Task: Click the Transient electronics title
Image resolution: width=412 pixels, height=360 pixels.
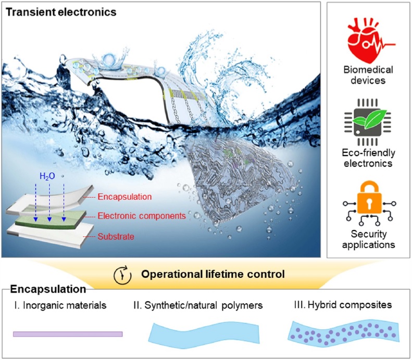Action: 61,12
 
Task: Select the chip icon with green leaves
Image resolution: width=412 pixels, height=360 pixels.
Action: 368,122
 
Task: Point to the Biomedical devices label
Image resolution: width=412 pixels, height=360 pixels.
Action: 368,75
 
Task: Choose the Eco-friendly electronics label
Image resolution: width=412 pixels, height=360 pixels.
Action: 368,158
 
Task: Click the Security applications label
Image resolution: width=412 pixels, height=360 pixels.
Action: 368,239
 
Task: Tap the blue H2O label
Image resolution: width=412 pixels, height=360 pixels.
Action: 47,176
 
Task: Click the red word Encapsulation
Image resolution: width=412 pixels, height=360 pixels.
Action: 124,197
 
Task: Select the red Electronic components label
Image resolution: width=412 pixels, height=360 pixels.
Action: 142,216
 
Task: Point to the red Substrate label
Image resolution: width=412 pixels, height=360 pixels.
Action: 116,236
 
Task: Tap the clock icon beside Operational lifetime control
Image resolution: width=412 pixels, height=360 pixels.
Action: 122,275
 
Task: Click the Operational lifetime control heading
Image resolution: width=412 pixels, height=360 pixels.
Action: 213,274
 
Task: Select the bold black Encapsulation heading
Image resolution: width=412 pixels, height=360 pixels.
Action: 48,289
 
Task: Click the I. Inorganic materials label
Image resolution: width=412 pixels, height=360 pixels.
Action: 60,305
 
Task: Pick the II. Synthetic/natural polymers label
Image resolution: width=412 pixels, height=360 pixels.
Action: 198,305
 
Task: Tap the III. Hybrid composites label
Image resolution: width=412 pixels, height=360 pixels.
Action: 343,305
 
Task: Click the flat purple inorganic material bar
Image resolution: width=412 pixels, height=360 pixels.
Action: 68,334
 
